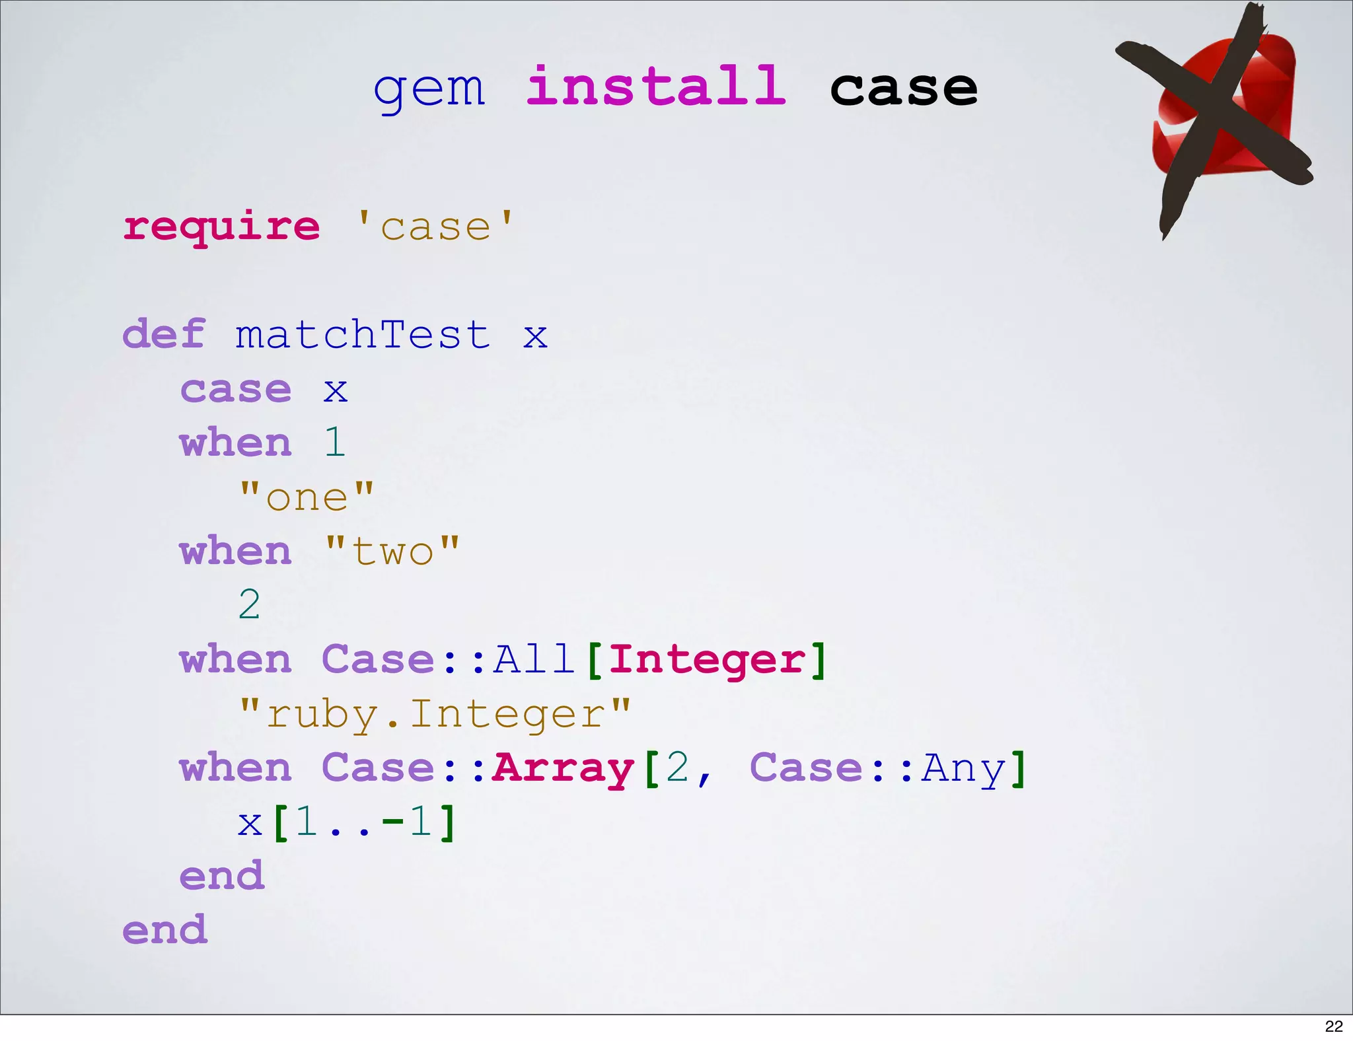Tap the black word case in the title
click(903, 89)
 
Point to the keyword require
click(222, 228)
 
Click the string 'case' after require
click(435, 227)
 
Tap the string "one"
click(307, 497)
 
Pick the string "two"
click(392, 551)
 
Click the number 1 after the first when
click(335, 442)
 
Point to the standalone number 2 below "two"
click(249, 604)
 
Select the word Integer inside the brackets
click(707, 659)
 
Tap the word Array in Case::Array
click(563, 768)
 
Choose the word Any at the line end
click(964, 768)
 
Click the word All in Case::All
click(534, 659)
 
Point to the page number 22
click(1334, 1026)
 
